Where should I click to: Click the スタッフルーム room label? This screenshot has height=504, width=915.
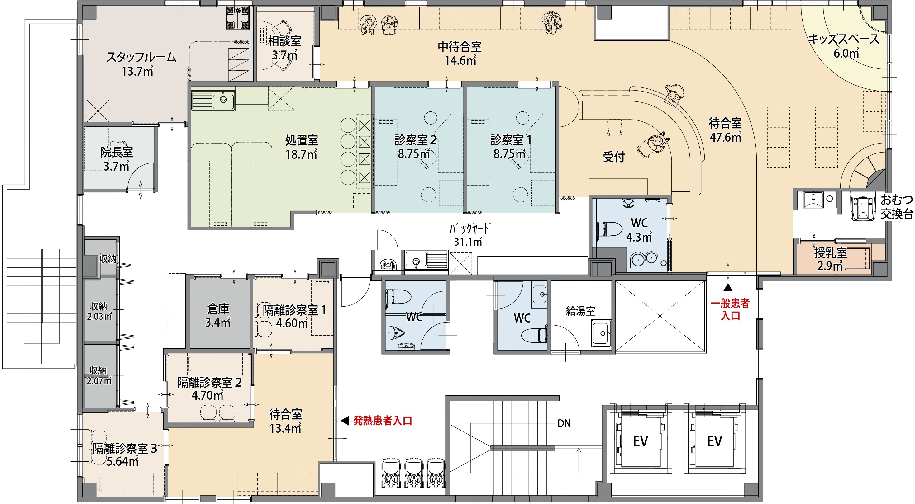click(141, 57)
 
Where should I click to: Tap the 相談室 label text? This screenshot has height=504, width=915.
click(284, 41)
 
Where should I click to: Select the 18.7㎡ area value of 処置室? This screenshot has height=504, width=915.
click(301, 154)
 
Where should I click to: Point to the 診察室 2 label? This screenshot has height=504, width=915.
click(416, 140)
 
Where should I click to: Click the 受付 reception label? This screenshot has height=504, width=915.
click(614, 157)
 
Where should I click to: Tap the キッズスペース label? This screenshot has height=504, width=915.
click(844, 39)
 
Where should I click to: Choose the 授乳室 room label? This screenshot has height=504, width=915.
click(831, 253)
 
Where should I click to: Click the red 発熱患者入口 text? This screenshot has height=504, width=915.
click(383, 421)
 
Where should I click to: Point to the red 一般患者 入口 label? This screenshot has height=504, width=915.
click(730, 309)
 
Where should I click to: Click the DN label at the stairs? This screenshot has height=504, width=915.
click(564, 423)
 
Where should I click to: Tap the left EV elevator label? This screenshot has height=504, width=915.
click(641, 441)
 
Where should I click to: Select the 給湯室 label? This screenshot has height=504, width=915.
click(580, 311)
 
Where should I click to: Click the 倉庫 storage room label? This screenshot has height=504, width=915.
click(218, 309)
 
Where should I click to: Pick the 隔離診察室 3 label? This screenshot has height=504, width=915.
click(125, 449)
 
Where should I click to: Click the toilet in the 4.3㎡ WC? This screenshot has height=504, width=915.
click(609, 229)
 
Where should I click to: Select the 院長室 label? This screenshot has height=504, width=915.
click(117, 152)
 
